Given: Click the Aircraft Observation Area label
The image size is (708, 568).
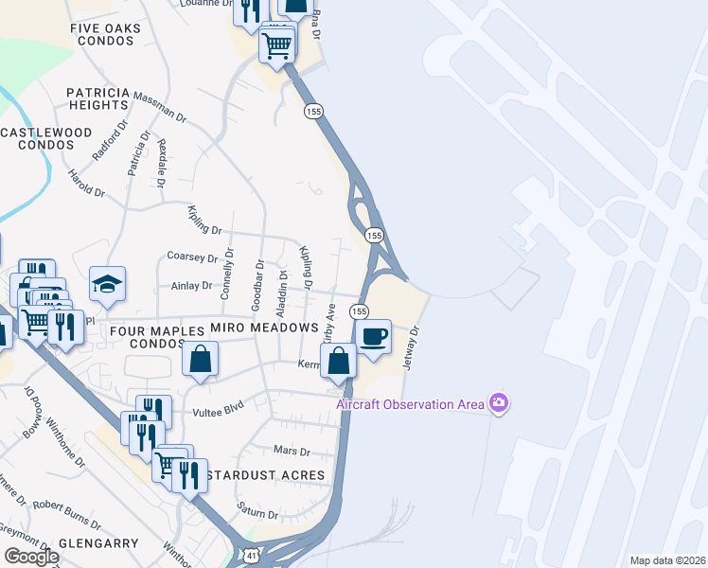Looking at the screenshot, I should (x=411, y=404).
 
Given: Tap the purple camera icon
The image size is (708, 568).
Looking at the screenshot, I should (x=499, y=404).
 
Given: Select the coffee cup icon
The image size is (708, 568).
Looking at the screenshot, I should (x=374, y=336).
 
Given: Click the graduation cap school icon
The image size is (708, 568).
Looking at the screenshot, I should (x=108, y=283).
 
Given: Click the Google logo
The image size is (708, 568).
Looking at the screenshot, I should (x=30, y=556).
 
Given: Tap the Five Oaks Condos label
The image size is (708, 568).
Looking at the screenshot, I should (x=105, y=36).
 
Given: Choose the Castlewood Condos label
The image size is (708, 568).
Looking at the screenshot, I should (x=45, y=138).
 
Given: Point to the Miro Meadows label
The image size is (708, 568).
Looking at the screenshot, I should (x=263, y=327).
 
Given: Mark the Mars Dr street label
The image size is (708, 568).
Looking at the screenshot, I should (x=291, y=452).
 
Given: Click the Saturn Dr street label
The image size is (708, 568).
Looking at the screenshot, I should (x=257, y=514).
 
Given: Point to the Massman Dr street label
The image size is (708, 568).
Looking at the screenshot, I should (x=161, y=105).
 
